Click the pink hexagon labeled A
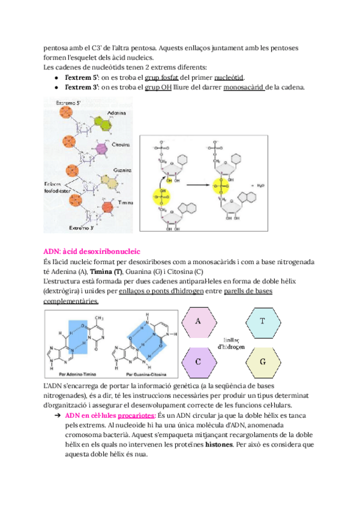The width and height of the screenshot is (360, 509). pyautogui.click(x=198, y=322)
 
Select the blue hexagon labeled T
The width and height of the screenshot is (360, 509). pyautogui.click(x=262, y=322)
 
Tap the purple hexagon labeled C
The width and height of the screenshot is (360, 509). pyautogui.click(x=198, y=362)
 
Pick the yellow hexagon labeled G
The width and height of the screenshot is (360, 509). pyautogui.click(x=262, y=362)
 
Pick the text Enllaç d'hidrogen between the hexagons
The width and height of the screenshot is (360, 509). pyautogui.click(x=230, y=342)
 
